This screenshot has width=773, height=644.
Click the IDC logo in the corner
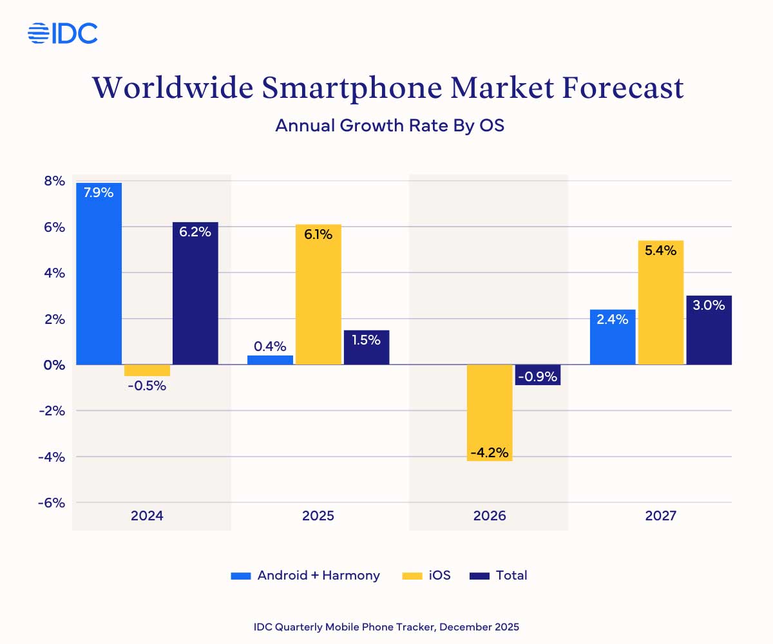[x=62, y=33]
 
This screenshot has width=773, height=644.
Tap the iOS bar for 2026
[x=490, y=412]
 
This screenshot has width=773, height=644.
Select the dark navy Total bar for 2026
[x=538, y=375]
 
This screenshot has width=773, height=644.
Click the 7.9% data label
[x=99, y=192]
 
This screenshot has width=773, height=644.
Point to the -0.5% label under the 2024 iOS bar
[x=146, y=386]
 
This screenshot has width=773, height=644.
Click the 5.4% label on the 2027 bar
[x=661, y=250]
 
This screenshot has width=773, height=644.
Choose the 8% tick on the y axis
[x=54, y=181]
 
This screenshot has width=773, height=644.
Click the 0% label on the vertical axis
[x=54, y=365]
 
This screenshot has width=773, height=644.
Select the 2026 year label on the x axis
[x=490, y=516]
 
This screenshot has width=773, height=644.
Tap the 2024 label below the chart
[x=147, y=516]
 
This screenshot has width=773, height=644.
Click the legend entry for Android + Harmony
[x=305, y=576]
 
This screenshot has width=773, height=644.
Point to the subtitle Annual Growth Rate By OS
[x=389, y=125]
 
